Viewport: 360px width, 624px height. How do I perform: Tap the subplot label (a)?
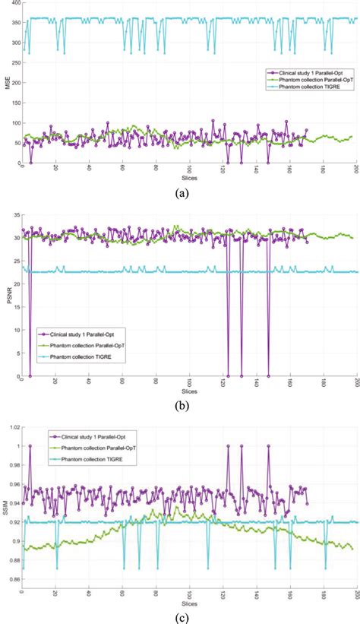point(182,194)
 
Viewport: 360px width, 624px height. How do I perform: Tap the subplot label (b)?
point(182,405)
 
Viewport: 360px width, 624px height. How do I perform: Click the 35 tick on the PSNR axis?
point(16,215)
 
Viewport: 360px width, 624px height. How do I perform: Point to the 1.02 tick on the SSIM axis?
point(14,427)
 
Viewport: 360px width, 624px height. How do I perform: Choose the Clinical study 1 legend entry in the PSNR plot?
point(84,334)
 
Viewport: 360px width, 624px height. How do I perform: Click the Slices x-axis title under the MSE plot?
point(182,174)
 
